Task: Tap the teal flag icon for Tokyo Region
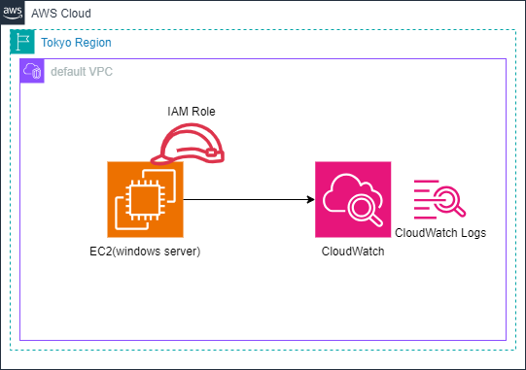pyautogui.click(x=22, y=43)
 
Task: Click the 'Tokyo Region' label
pyautogui.click(x=76, y=44)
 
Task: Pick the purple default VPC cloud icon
pyautogui.click(x=32, y=72)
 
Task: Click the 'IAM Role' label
pyautogui.click(x=191, y=113)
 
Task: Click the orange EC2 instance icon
pyautogui.click(x=145, y=199)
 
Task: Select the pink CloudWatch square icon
pyautogui.click(x=353, y=200)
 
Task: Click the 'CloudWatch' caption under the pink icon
pyautogui.click(x=353, y=252)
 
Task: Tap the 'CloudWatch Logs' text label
pyautogui.click(x=440, y=233)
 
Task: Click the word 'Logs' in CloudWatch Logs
pyautogui.click(x=472, y=233)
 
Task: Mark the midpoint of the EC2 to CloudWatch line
pyautogui.click(x=249, y=199)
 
